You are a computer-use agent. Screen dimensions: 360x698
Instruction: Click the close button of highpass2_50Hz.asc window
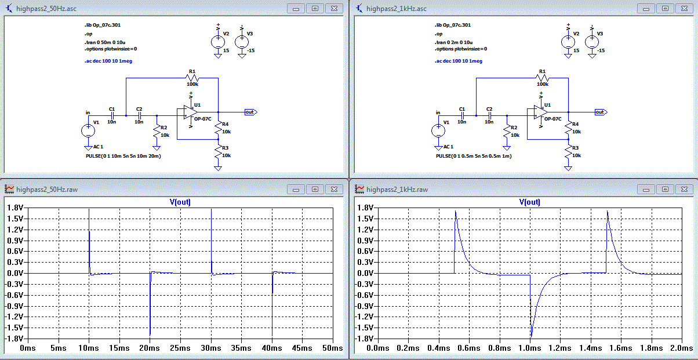click(x=334, y=8)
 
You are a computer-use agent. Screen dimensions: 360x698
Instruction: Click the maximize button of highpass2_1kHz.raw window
click(x=665, y=189)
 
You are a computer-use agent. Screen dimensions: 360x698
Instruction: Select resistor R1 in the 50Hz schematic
click(x=192, y=78)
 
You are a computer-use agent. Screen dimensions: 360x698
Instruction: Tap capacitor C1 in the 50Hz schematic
click(x=112, y=115)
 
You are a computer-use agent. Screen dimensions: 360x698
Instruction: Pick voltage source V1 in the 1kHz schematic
click(x=438, y=130)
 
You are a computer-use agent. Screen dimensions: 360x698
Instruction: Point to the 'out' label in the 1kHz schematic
click(x=599, y=112)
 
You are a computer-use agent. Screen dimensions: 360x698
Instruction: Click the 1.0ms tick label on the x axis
click(x=530, y=348)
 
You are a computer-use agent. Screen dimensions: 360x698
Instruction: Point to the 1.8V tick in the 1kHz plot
click(x=365, y=208)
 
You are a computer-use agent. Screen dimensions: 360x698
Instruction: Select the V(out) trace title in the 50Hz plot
click(x=179, y=202)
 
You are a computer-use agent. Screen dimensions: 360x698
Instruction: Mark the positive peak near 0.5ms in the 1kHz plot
click(x=456, y=212)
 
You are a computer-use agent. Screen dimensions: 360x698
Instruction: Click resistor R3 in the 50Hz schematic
click(x=218, y=152)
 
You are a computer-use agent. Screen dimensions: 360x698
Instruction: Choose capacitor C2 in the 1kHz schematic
click(x=489, y=115)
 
